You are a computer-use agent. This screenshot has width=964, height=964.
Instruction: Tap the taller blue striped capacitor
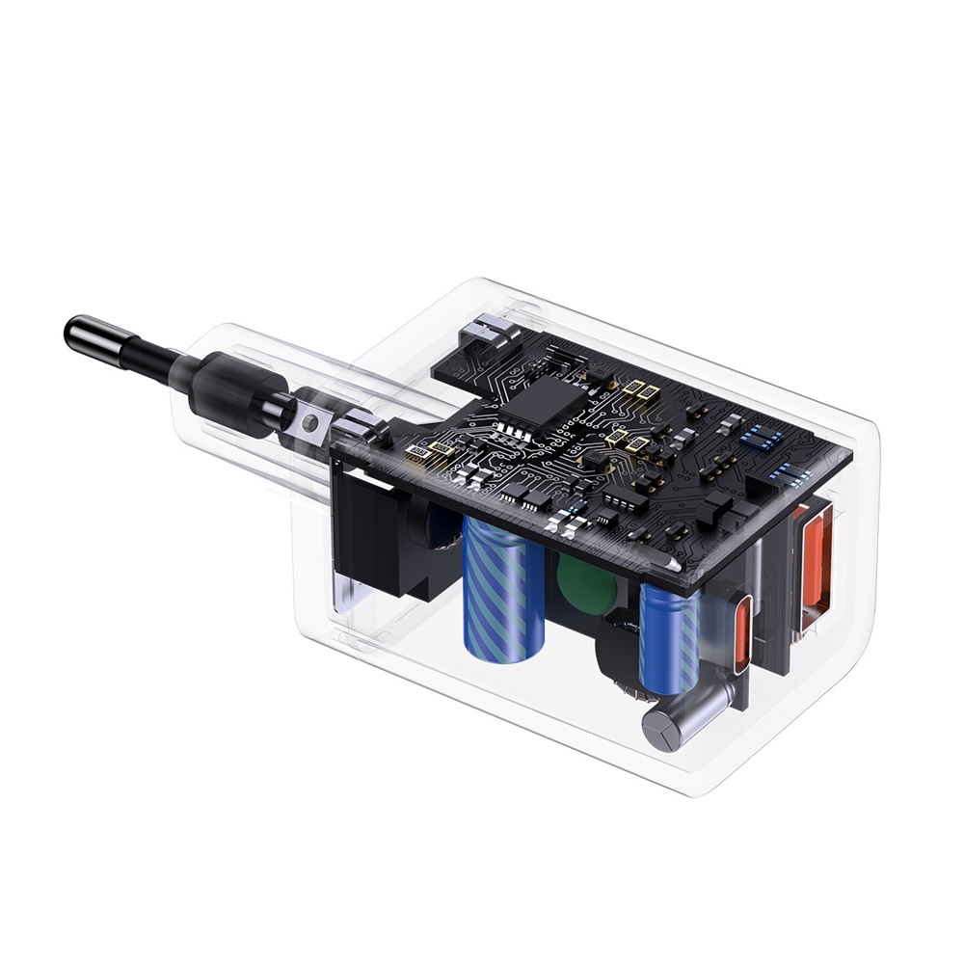tap(495, 590)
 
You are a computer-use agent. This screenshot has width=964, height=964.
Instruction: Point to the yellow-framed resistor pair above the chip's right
tap(639, 388)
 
